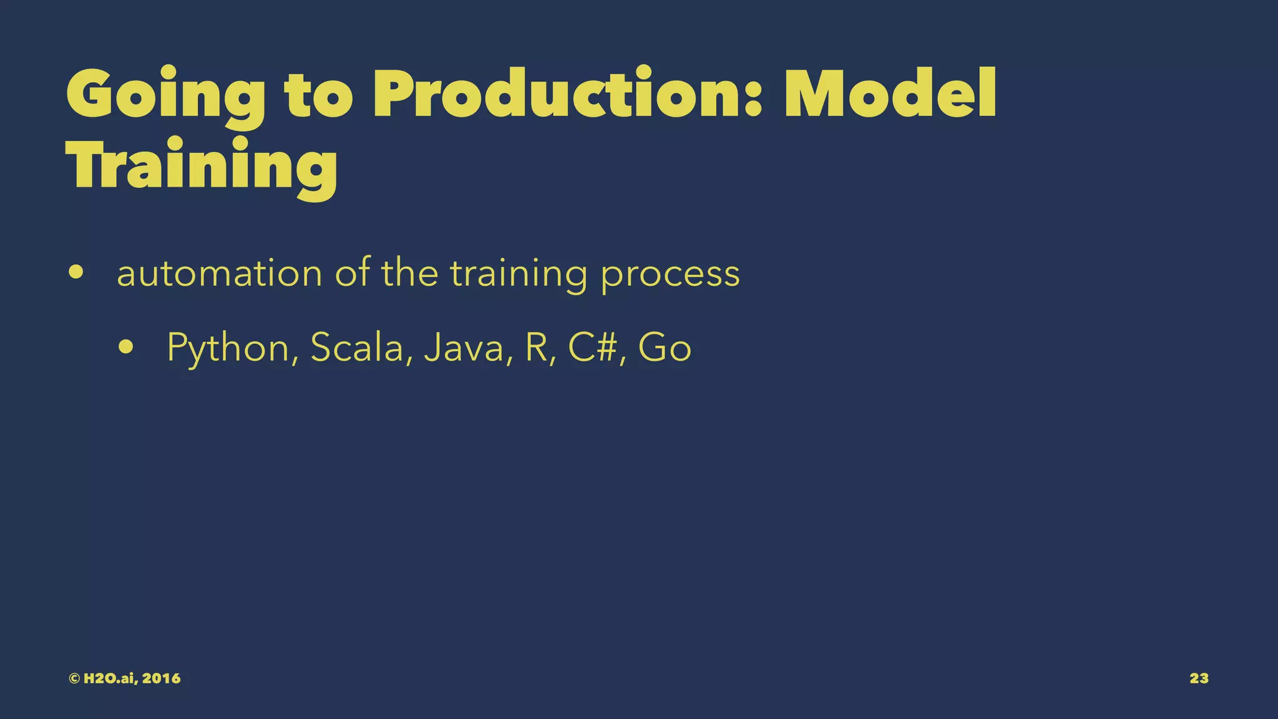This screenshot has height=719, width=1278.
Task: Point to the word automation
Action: (x=219, y=273)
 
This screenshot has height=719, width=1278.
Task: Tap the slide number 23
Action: (x=1199, y=678)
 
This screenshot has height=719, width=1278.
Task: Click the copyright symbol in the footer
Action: (x=74, y=678)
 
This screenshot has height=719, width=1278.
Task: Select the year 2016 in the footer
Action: (x=161, y=678)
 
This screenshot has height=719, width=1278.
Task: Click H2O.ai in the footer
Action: (x=110, y=678)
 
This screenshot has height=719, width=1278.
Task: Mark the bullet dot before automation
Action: (x=76, y=273)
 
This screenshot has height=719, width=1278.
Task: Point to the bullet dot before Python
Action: (x=126, y=347)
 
